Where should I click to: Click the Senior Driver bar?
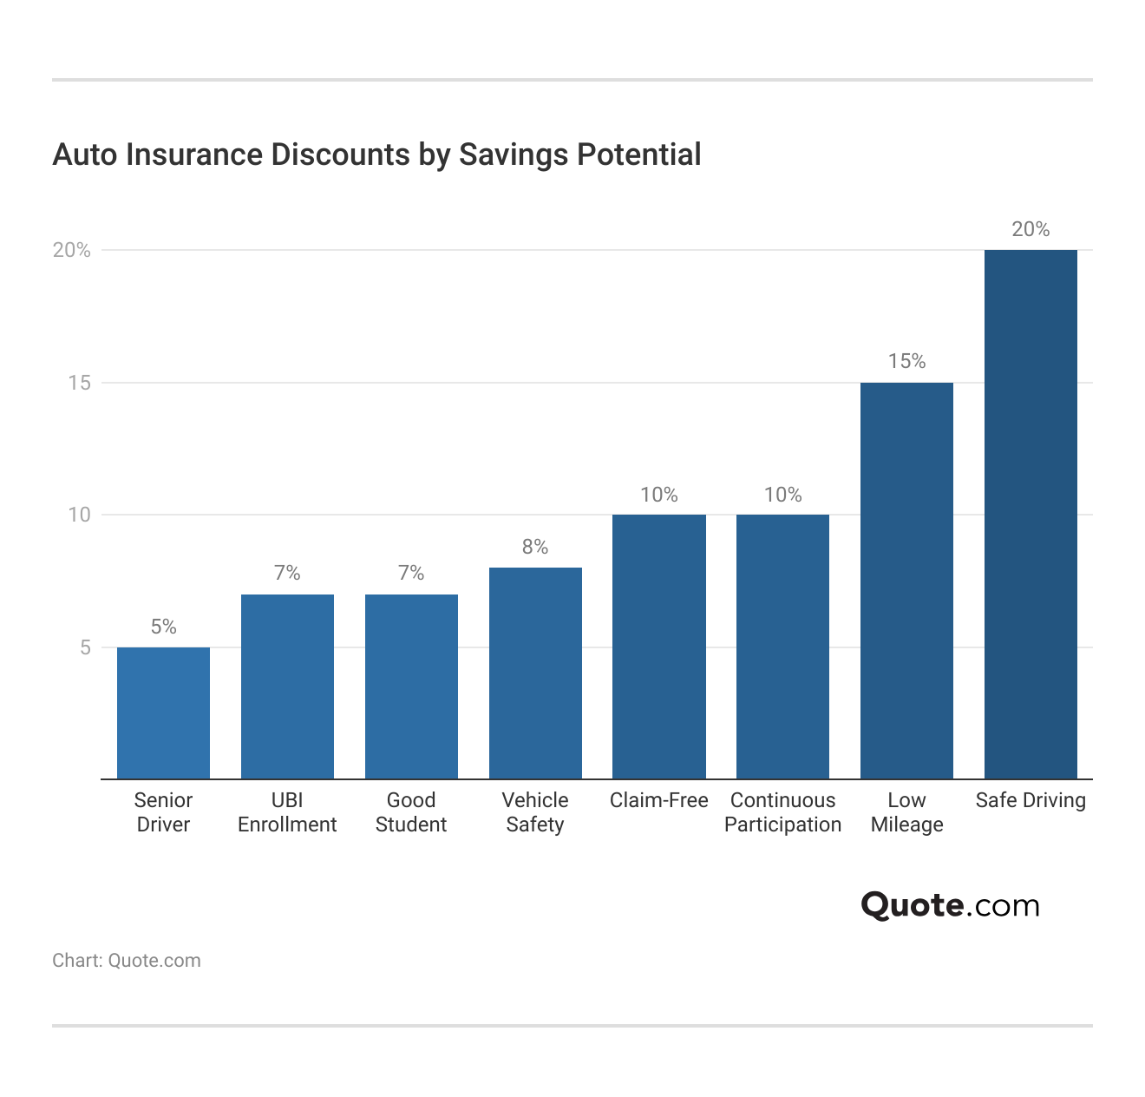coord(163,713)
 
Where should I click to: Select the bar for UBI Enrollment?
coord(287,686)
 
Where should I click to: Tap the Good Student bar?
coord(411,686)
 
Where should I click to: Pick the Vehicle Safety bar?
coord(535,673)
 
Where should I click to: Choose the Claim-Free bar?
coord(659,647)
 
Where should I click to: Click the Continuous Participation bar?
coord(782,647)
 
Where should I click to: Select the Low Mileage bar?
coord(906,581)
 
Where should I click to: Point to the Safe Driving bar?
coord(1030,514)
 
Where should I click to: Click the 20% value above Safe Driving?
coord(1030,229)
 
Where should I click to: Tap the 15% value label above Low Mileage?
coord(906,361)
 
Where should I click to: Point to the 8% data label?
coord(535,547)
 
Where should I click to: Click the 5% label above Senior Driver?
coord(163,627)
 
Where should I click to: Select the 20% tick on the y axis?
coord(72,250)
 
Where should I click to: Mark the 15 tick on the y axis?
coord(80,383)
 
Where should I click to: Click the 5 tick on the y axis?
coord(85,647)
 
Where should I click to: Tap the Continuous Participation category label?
coord(782,812)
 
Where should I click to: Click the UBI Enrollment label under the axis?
coord(287,812)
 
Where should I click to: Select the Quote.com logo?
coord(950,905)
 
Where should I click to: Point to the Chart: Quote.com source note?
coord(127,961)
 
